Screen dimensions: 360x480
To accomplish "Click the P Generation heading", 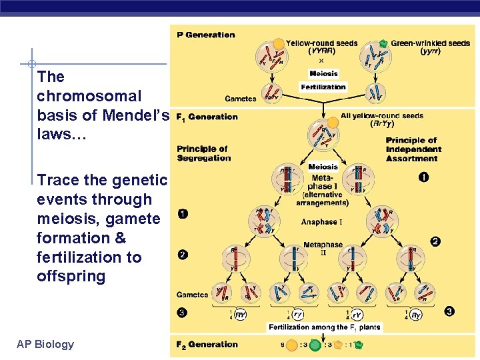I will (206, 35).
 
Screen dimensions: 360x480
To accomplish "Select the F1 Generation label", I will (206, 117).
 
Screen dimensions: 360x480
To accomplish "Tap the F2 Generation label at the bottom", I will (207, 345).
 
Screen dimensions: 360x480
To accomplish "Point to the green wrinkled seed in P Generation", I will (383, 43).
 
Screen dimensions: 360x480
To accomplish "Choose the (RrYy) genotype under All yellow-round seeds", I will (381, 123).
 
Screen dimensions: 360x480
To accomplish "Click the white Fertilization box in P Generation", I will (323, 87).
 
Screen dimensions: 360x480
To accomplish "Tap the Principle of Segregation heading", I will (203, 153).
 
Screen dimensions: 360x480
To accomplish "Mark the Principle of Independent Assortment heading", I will (411, 149).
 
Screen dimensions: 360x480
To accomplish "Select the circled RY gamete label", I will (241, 315).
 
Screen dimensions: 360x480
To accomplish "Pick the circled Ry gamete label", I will (415, 315).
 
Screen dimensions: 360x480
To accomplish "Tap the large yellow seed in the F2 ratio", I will (291, 345).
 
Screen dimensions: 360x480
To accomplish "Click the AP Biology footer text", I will (45, 344).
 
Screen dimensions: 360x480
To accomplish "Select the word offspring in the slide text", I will (71, 276).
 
